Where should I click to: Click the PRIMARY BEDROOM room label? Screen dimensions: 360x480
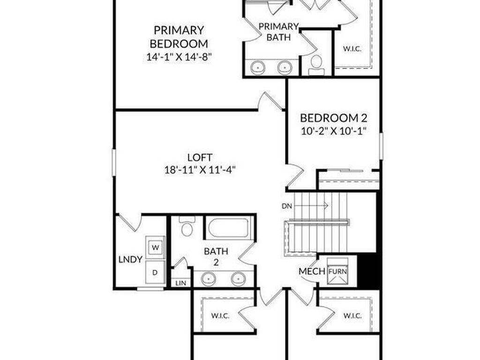click(x=179, y=37)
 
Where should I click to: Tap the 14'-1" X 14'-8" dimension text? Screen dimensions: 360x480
click(x=179, y=58)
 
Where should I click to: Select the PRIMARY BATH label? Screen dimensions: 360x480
click(x=278, y=31)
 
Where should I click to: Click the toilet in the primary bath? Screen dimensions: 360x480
click(x=317, y=64)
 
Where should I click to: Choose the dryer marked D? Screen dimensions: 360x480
click(x=155, y=272)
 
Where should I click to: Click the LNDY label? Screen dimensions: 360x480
click(x=130, y=259)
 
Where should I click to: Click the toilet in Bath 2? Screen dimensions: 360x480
click(x=187, y=227)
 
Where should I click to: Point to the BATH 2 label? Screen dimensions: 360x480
click(x=216, y=256)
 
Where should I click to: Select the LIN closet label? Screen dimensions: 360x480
click(x=180, y=283)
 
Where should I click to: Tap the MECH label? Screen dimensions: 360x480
click(x=312, y=271)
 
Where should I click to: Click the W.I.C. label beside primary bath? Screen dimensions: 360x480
click(x=352, y=49)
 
